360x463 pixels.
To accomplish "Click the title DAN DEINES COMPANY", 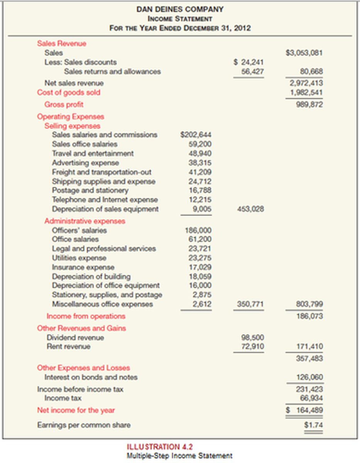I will [180, 9].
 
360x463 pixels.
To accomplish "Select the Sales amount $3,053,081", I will [304, 53].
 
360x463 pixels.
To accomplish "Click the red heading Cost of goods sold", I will [68, 93].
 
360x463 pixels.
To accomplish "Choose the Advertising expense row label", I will [85, 163].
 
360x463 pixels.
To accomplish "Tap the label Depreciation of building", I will [91, 277].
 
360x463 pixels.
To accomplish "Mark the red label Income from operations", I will [86, 316].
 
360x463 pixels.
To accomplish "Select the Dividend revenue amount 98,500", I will [253, 338].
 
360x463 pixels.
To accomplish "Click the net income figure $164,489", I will [304, 410].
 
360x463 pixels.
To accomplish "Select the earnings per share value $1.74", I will [313, 425].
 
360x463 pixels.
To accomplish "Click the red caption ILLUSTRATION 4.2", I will [160, 447].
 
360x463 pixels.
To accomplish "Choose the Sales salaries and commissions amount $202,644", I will [196, 135].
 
